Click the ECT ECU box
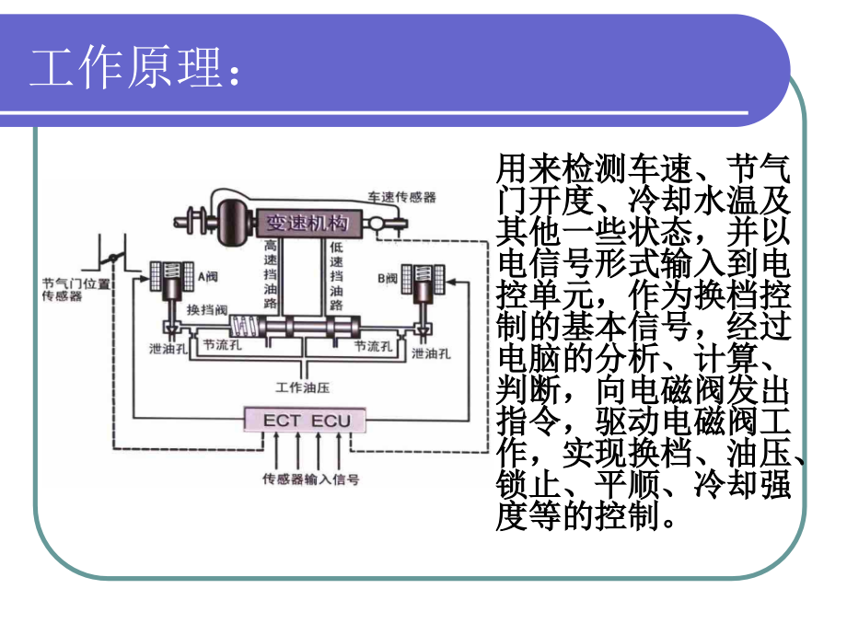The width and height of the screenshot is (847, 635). point(306,420)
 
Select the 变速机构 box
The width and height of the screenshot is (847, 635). point(307,223)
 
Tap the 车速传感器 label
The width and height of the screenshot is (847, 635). point(402,197)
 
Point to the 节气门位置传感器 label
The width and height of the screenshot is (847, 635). point(76,289)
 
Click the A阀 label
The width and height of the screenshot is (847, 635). point(208,277)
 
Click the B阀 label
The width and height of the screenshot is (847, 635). point(388,279)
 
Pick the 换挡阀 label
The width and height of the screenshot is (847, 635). point(207,310)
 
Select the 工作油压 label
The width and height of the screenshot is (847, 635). point(303,387)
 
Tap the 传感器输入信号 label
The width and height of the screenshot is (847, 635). point(310,479)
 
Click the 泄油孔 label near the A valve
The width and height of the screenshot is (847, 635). point(168,349)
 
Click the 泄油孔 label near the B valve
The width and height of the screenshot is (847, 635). point(431,353)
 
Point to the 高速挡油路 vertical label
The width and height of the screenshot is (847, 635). point(271,274)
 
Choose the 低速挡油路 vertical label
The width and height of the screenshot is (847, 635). point(337,276)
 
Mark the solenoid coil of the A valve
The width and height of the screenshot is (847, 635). point(172,276)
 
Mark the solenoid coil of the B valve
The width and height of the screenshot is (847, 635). point(423,279)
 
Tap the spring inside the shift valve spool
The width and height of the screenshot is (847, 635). point(245,326)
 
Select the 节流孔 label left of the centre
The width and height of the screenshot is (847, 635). point(222,344)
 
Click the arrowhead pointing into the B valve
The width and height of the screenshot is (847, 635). point(451,282)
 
